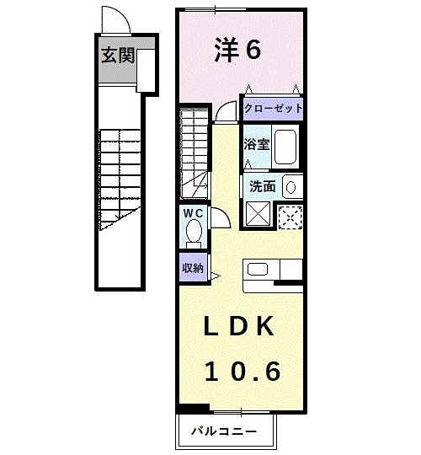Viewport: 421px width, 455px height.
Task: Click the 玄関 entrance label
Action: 118,56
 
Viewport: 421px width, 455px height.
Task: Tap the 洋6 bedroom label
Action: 237,50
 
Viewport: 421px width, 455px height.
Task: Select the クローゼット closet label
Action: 273,109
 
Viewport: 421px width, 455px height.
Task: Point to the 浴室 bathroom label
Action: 257,144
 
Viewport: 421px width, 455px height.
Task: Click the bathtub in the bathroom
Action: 285,147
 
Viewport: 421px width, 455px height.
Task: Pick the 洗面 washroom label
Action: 263,186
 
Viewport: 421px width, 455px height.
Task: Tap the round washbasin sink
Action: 290,187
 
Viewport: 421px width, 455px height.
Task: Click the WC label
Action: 193,213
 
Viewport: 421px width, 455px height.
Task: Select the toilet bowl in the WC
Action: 194,232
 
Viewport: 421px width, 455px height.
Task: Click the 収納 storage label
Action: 193,268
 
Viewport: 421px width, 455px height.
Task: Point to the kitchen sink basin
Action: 258,270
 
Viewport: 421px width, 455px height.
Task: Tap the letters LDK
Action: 239,326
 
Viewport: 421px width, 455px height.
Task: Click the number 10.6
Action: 243,371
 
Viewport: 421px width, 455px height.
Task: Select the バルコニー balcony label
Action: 224,431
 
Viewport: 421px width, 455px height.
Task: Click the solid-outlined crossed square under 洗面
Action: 258,213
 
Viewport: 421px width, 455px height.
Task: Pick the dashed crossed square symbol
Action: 290,217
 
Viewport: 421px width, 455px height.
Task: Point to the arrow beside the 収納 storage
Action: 216,276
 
